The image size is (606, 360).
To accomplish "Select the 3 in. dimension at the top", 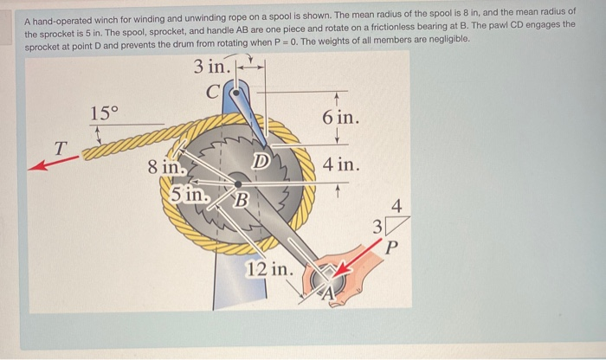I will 212,66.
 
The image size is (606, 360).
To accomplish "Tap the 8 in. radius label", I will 164,167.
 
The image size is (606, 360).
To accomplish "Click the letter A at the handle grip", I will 331,294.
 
